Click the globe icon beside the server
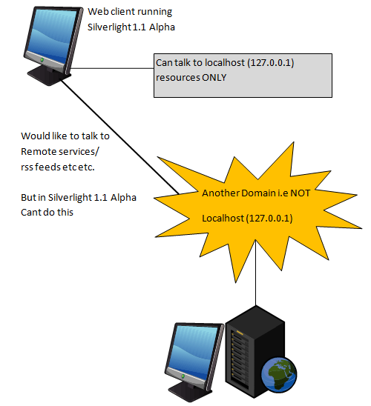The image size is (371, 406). (279, 375)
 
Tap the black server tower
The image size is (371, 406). (255, 351)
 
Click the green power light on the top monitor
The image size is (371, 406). (42, 60)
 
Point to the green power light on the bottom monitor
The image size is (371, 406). (183, 376)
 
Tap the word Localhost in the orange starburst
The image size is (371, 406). (223, 219)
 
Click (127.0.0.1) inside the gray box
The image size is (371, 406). (271, 63)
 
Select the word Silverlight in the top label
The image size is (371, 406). (109, 27)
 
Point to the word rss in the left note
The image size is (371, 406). (27, 167)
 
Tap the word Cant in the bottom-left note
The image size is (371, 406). (31, 213)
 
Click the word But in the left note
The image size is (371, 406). (29, 197)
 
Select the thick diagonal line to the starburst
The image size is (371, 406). (120, 137)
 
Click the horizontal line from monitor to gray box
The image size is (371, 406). (112, 69)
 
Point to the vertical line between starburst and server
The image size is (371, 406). (256, 273)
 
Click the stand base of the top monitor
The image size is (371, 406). (49, 76)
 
